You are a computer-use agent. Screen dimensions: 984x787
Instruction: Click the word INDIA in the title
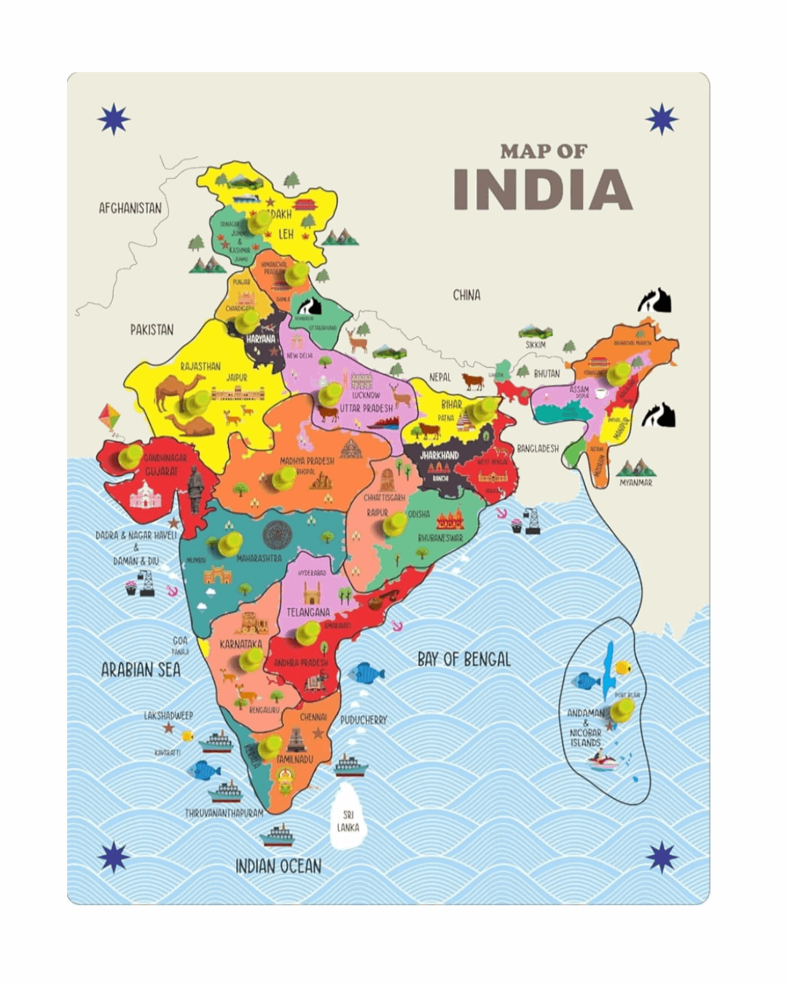[542, 190]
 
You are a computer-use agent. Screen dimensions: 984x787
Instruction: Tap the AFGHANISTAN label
[130, 208]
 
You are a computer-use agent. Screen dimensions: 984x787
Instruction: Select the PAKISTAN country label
[152, 329]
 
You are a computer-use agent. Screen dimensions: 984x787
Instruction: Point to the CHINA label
[466, 295]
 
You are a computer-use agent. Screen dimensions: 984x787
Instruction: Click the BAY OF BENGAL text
[463, 660]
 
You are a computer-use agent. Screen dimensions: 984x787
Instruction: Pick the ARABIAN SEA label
[141, 670]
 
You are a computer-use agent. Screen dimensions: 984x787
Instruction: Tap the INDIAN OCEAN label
[278, 866]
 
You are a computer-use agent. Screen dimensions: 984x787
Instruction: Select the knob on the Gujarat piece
[130, 456]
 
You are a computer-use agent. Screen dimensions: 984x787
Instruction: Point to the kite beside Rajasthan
[109, 416]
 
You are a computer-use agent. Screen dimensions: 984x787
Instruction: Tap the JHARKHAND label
[439, 455]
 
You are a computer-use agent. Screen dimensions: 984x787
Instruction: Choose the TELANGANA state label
[308, 612]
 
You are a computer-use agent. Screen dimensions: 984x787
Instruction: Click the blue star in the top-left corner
[114, 120]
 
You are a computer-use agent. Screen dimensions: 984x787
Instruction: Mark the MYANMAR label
[635, 483]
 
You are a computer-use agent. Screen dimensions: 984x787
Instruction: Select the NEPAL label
[439, 378]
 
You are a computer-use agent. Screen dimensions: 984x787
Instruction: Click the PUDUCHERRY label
[364, 720]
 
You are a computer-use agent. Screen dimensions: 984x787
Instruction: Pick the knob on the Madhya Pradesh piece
[283, 478]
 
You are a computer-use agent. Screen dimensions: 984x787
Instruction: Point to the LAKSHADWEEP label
[168, 716]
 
